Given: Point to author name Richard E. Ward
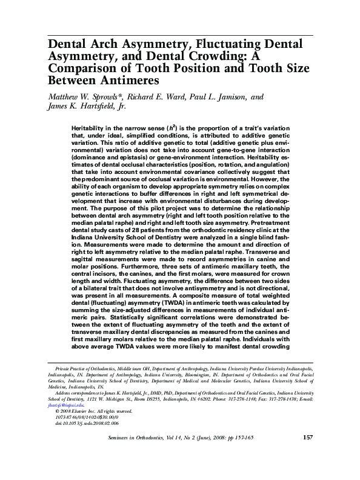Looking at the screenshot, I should [x=158, y=96].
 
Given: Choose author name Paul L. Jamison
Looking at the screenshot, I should [x=219, y=96].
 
